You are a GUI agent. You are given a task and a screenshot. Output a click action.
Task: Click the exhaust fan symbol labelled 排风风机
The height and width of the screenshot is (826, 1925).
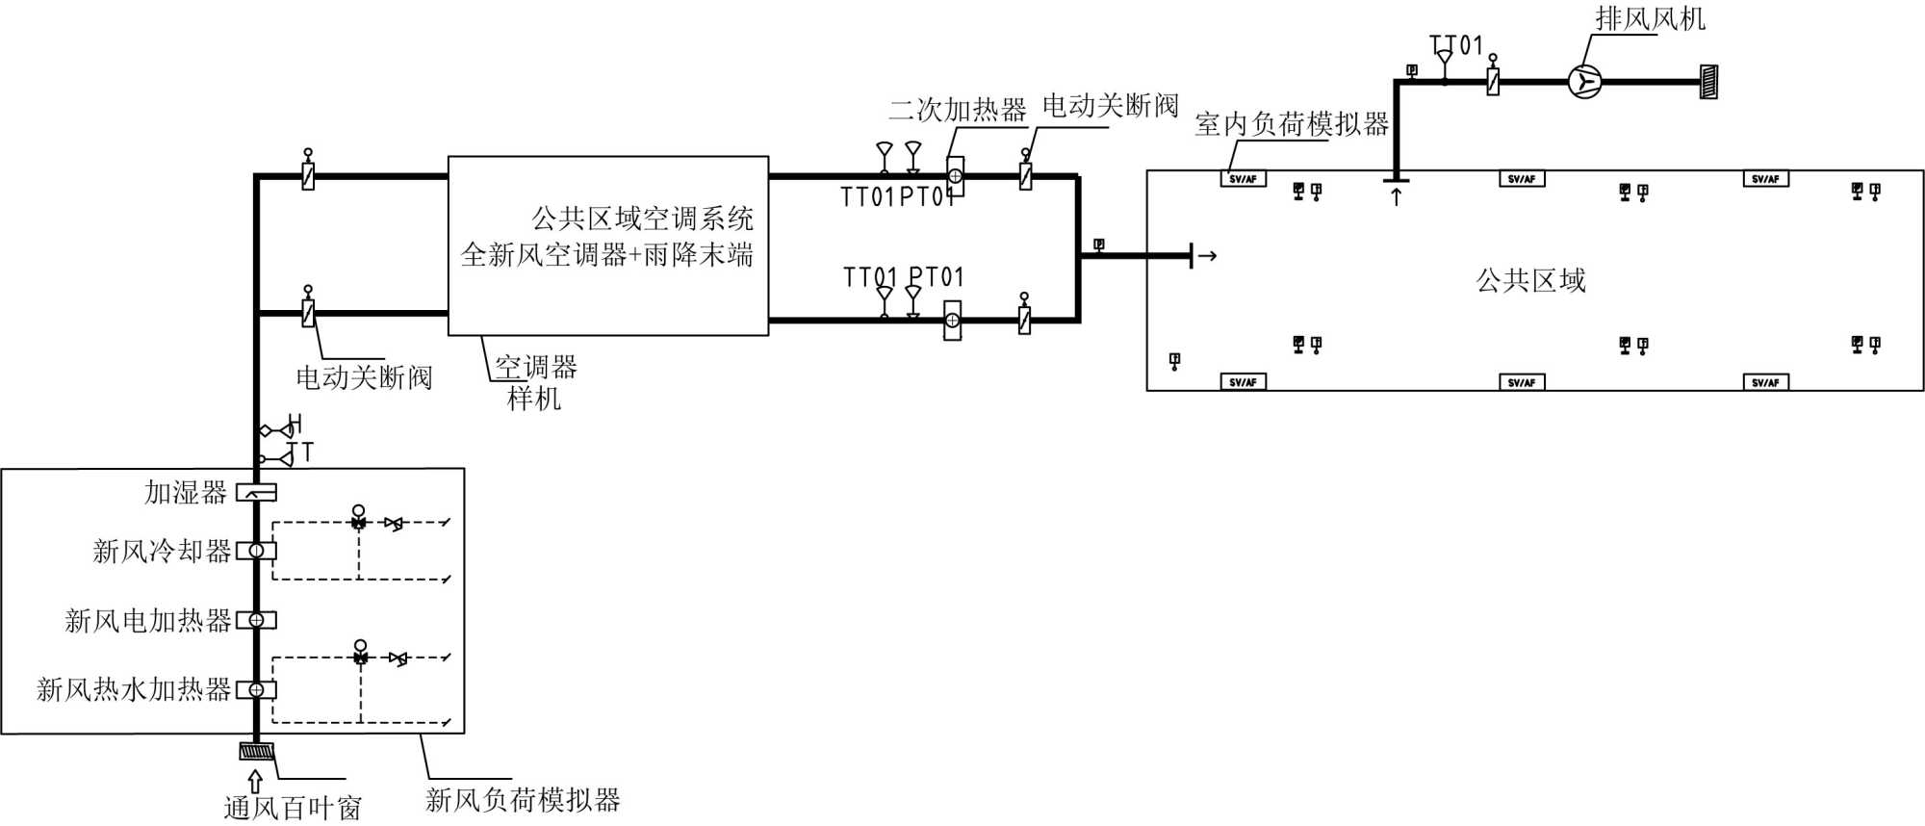1583,81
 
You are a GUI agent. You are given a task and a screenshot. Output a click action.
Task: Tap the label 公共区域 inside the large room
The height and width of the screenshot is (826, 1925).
1530,281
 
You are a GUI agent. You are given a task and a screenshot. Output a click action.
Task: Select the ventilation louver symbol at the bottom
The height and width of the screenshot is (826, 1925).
257,751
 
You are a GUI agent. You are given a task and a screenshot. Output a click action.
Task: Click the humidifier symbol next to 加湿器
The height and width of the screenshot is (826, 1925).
257,493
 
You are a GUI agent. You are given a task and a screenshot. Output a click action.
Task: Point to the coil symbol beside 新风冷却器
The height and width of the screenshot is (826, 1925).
257,551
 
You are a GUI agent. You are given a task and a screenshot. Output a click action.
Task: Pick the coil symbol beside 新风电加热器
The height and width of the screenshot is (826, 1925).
257,620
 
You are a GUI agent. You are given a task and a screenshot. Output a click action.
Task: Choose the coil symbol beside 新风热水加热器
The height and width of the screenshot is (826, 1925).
257,689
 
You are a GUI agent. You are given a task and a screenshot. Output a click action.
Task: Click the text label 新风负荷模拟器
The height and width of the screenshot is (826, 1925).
523,799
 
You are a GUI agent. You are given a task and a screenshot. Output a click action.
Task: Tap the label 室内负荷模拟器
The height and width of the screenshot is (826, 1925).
1292,123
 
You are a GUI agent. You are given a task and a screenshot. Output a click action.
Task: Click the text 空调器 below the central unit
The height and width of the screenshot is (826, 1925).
536,367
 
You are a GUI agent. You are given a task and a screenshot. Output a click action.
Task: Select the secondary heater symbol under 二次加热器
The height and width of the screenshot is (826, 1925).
955,176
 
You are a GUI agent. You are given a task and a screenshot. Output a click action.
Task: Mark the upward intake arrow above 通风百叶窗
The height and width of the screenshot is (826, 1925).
255,781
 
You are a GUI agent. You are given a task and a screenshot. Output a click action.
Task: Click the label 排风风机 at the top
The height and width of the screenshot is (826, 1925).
1650,18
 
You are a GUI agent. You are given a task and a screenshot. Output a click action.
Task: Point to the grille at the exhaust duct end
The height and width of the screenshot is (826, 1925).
1709,81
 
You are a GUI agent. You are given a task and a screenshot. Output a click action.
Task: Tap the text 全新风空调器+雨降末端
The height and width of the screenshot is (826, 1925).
606,255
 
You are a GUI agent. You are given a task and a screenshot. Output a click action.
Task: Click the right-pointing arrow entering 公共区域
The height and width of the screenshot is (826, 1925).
1207,256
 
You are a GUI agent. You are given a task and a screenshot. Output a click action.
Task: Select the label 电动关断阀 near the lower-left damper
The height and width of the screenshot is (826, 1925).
364,377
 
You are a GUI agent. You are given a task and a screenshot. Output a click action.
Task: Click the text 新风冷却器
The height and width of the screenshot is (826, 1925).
162,552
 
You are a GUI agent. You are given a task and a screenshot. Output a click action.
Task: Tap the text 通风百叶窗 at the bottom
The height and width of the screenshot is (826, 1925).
293,809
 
